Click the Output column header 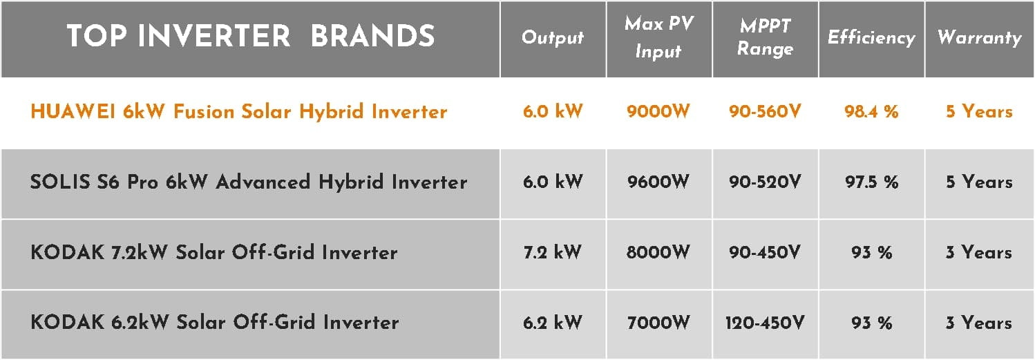[x=553, y=38]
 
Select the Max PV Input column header [x=659, y=37]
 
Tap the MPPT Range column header [x=765, y=37]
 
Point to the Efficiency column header [x=871, y=38]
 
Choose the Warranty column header [x=980, y=38]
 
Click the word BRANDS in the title [x=373, y=36]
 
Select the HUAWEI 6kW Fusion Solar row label [x=238, y=112]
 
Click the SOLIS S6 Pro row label [x=249, y=182]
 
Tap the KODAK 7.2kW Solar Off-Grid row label [x=214, y=252]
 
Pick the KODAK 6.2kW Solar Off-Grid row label [x=214, y=322]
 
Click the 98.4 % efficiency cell [x=871, y=111]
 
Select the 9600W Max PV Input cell [x=658, y=182]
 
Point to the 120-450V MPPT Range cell [x=765, y=323]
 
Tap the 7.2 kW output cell [x=553, y=252]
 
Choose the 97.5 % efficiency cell [x=871, y=182]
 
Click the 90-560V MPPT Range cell [x=765, y=111]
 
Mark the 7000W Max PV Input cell [x=658, y=323]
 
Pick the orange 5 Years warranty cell [x=979, y=111]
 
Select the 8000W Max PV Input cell [x=658, y=252]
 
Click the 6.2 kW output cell [x=553, y=323]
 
